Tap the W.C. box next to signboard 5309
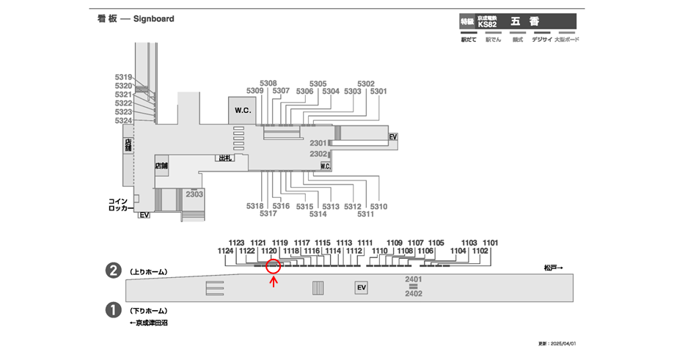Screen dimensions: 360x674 (243, 110)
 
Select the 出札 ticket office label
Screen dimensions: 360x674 (224, 158)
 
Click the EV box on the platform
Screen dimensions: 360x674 (361, 288)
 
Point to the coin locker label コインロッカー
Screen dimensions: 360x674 (118, 205)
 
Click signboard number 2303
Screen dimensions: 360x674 (194, 194)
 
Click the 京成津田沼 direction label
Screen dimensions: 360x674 (149, 323)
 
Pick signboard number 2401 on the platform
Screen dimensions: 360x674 (414, 280)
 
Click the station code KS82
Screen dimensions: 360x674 (487, 25)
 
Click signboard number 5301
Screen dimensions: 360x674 (378, 92)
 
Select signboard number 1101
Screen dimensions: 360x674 (491, 242)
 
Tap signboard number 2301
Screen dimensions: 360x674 (318, 143)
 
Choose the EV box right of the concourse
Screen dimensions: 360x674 (393, 137)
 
